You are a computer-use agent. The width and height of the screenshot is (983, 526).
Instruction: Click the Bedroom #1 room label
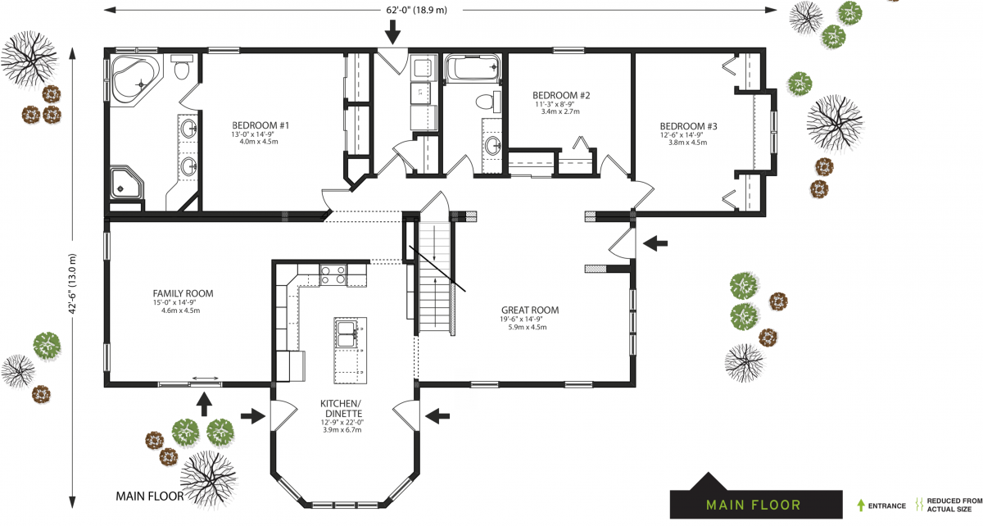(260, 125)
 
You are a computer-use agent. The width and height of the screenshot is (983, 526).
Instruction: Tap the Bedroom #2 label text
(561, 95)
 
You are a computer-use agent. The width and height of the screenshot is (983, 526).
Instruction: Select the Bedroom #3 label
(688, 126)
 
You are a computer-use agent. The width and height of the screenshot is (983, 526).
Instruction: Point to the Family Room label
(183, 293)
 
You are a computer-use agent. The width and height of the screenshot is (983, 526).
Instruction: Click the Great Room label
(529, 311)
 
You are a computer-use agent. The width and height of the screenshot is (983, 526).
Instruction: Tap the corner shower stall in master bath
(126, 183)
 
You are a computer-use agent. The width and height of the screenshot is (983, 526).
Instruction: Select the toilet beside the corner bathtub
(182, 70)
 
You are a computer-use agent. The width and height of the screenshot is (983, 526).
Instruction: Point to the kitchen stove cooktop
(333, 274)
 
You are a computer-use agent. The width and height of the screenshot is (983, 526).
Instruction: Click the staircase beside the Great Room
(434, 283)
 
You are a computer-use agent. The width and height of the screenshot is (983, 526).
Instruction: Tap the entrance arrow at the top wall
(392, 32)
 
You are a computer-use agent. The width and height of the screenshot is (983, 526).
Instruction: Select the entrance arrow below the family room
(204, 403)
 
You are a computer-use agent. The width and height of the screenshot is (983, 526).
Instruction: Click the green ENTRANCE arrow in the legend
(860, 506)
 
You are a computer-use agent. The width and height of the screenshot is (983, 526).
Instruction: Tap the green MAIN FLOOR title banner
(754, 505)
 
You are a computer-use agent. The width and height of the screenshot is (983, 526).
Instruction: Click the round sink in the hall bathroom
(493, 146)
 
